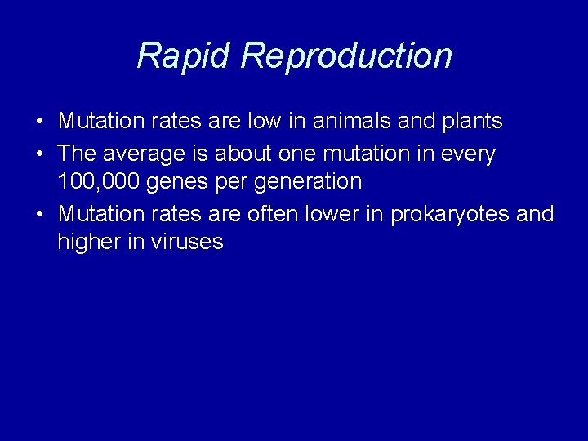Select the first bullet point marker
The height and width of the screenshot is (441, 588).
[x=40, y=122]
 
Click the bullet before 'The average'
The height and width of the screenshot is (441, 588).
[x=40, y=154]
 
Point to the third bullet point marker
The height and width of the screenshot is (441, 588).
[x=40, y=215]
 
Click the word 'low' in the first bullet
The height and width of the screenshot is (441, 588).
[x=265, y=122]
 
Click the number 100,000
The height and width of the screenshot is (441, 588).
[x=99, y=181]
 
